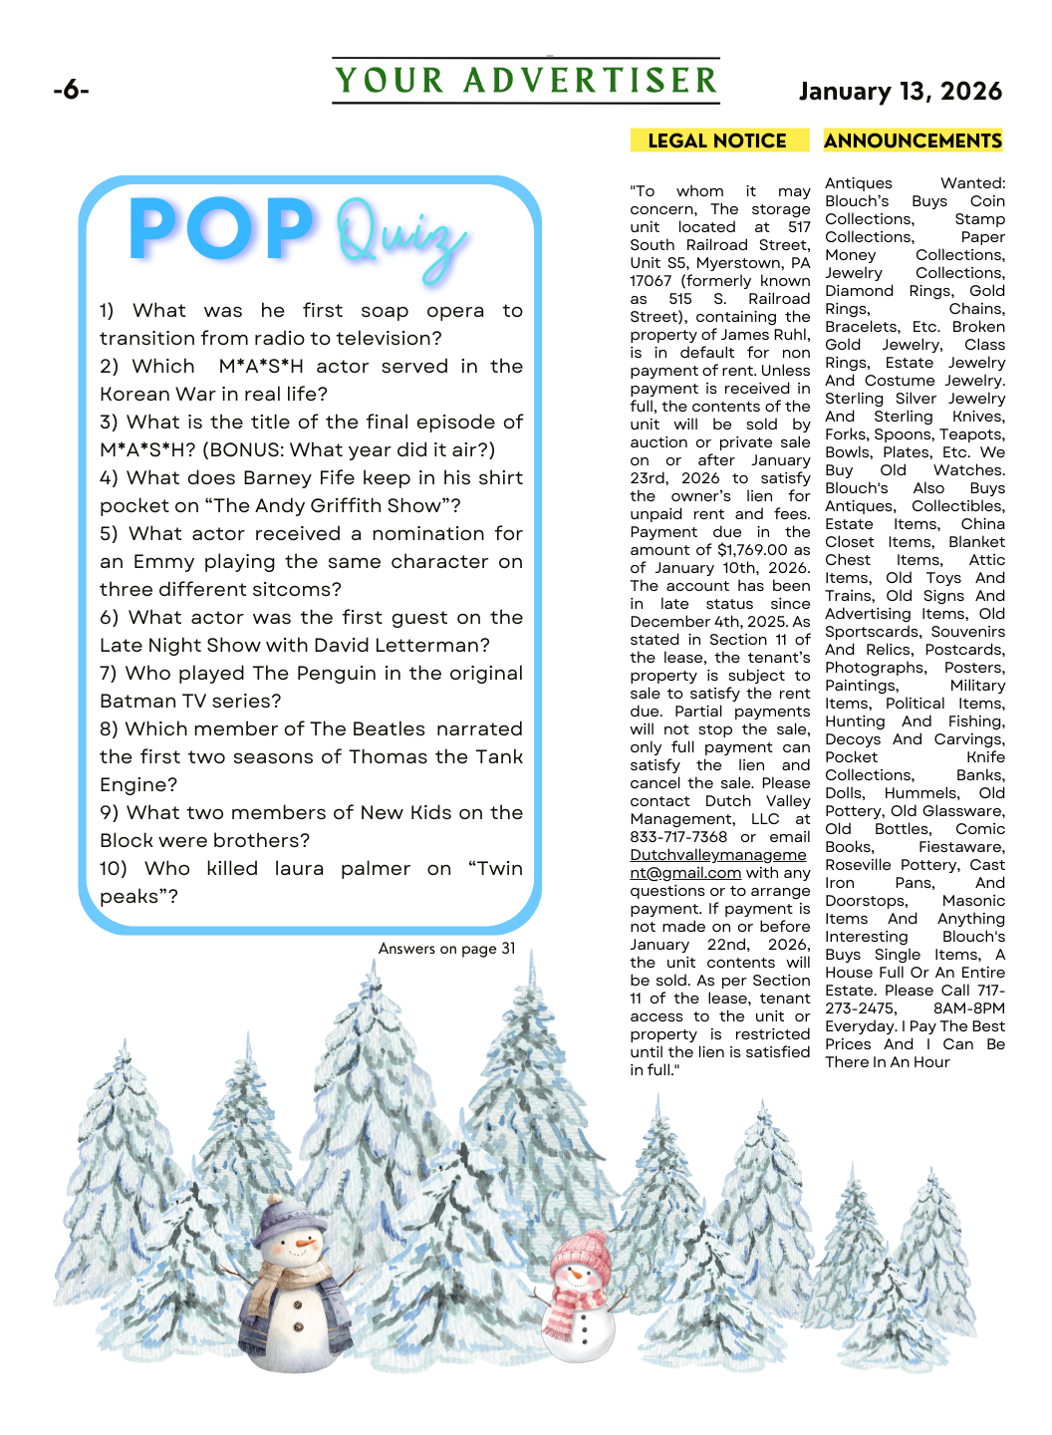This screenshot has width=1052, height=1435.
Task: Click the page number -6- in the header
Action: pos(71,91)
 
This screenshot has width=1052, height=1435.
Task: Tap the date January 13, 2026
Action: pos(900,92)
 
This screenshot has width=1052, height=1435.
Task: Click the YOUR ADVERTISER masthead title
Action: pos(526,81)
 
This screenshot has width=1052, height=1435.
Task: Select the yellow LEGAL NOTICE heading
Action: pos(717,141)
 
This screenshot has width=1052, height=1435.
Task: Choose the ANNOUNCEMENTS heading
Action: pos(913,141)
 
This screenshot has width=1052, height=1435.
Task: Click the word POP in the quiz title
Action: pos(221,229)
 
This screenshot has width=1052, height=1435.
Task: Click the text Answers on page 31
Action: pos(446,949)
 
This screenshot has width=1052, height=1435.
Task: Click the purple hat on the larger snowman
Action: pos(290,1220)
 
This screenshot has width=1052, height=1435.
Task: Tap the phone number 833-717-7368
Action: pos(678,837)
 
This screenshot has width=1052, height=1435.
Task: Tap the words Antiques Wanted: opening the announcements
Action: pos(915,183)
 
